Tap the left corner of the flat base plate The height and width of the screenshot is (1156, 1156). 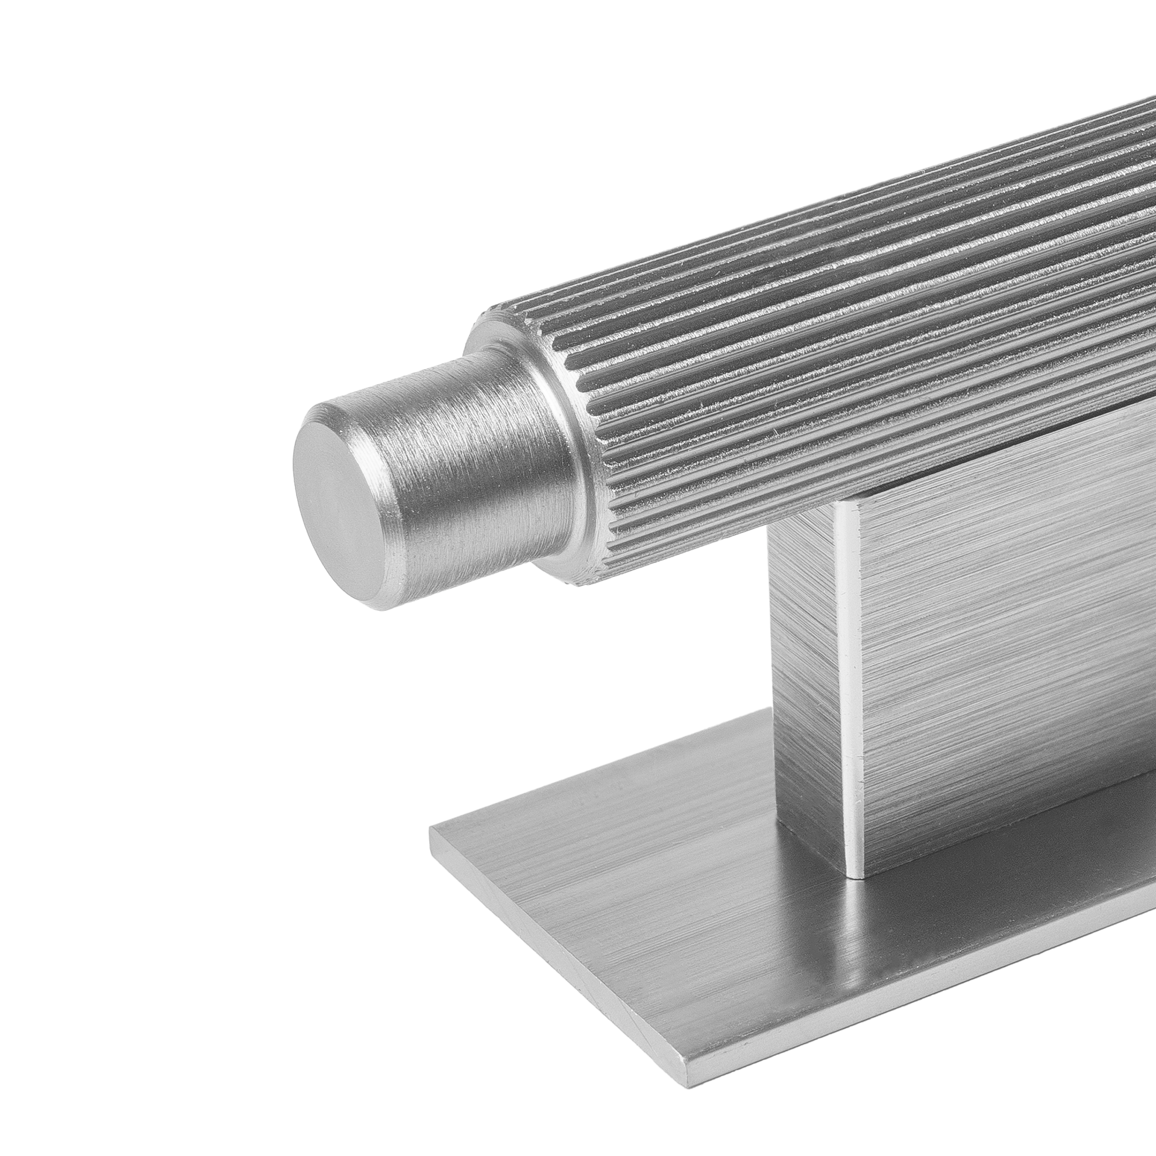coord(434,828)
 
